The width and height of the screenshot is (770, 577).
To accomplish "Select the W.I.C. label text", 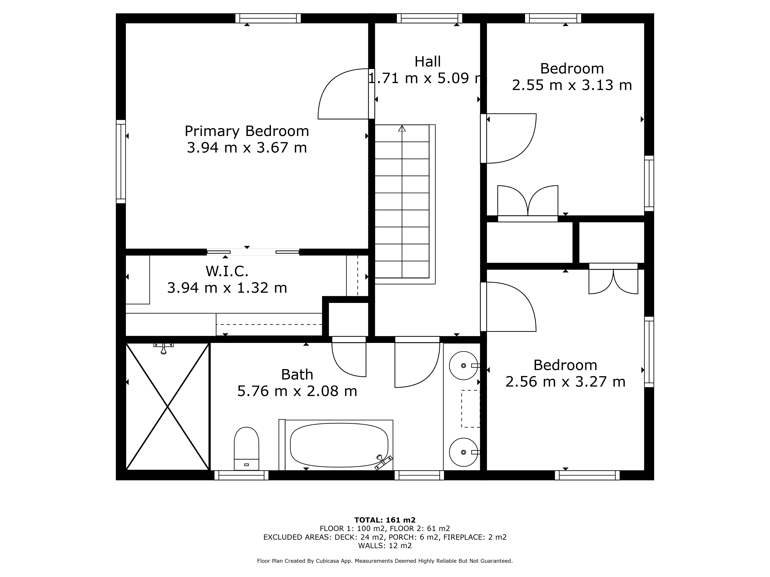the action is point(227,271).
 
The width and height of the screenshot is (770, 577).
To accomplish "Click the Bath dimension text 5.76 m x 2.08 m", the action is point(297,391).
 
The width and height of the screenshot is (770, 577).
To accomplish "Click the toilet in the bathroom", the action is point(246,449).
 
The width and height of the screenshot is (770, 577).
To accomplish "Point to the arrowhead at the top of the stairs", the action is point(402,128).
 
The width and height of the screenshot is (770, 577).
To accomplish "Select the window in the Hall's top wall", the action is point(429,18).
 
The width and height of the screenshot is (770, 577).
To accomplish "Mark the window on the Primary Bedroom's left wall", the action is point(121,161).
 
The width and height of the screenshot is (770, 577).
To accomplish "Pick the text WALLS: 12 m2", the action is point(385,546).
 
